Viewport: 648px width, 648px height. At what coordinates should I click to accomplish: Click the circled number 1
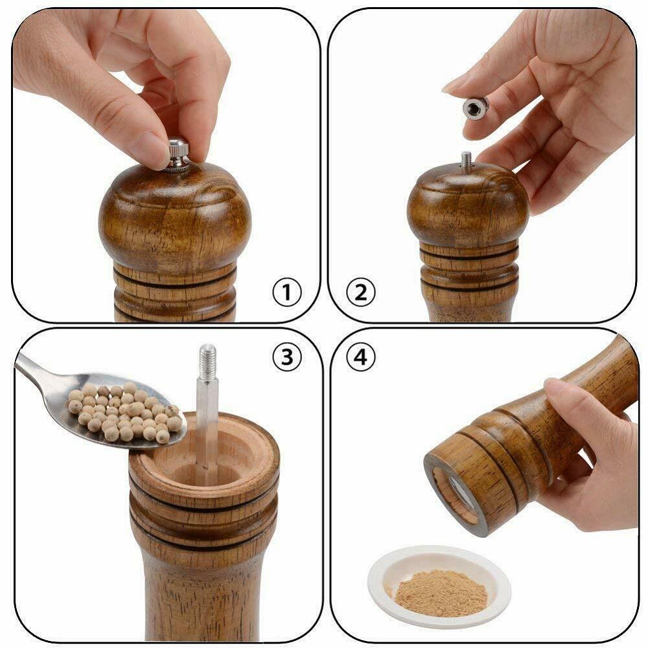(x=286, y=294)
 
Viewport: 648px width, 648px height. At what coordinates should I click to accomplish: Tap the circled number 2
(x=360, y=294)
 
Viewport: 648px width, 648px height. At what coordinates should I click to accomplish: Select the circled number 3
(x=286, y=356)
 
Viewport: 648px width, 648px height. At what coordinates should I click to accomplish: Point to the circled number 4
(x=360, y=356)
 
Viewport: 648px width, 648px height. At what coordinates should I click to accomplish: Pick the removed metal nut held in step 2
(x=476, y=108)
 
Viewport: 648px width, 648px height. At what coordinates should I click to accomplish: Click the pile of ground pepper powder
(x=441, y=592)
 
